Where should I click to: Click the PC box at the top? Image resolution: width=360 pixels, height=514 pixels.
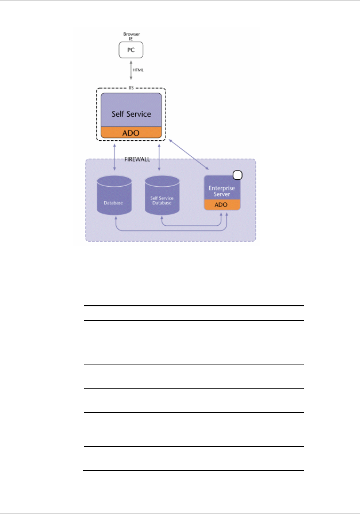pos(131,50)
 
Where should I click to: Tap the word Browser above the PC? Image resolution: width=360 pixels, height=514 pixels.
pos(131,34)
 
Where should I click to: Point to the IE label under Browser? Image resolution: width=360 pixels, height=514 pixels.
pos(131,39)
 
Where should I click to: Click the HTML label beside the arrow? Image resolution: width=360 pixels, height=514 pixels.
pos(138,70)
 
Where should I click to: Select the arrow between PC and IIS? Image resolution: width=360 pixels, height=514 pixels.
pos(131,70)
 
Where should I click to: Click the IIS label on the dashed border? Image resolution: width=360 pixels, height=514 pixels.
pos(131,88)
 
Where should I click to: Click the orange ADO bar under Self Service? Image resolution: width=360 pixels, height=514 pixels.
pos(131,133)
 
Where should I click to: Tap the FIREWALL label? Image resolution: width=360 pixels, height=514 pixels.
pos(137,159)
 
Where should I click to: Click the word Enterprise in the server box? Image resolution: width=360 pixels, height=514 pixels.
pos(222,188)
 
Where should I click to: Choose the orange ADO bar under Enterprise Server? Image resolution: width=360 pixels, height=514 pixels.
pos(222,205)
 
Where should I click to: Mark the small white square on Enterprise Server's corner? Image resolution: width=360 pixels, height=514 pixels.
pos(237,175)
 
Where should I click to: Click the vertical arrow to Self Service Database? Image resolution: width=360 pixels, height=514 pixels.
pos(159,156)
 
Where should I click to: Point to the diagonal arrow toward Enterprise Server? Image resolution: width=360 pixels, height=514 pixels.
pos(189,154)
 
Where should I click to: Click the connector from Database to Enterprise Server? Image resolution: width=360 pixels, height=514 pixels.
pos(172,231)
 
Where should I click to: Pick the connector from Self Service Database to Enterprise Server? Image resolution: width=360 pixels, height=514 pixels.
pos(191,226)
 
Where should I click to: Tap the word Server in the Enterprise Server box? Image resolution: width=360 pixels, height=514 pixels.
pos(222,194)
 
